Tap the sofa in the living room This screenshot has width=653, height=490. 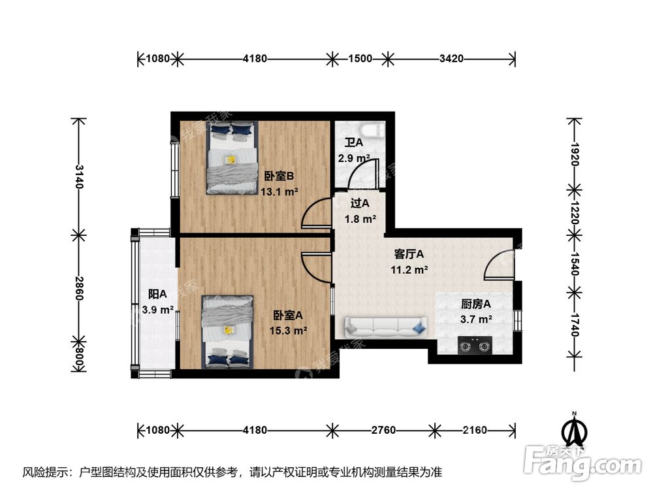pos(386,325)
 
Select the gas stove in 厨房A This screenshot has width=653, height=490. pos(475,344)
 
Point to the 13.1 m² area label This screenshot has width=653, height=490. pos(279,192)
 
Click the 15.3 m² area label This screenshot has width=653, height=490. pos(288,331)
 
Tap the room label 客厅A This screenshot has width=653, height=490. pos(410,253)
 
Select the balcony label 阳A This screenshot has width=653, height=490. pos(157,294)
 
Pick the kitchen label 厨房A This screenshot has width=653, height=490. pos(475,304)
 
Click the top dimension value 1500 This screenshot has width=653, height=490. pos(360,59)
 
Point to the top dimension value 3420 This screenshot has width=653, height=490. pos(451,59)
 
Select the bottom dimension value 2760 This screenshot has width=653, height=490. pos(385,430)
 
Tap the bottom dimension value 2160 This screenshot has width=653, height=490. pos(475,430)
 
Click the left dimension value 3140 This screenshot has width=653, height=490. pos(79,176)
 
